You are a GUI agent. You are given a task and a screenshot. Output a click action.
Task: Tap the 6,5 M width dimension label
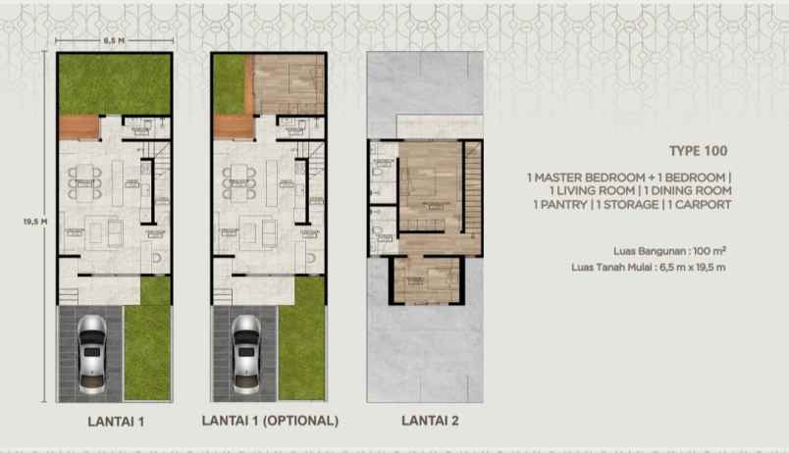(x=113, y=40)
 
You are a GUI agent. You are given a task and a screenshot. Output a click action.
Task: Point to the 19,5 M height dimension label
(x=34, y=222)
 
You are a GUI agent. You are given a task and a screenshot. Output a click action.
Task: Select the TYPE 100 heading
(x=699, y=151)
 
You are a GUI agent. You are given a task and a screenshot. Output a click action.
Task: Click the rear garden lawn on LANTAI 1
(x=114, y=83)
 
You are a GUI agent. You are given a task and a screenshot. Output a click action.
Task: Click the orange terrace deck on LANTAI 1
(x=79, y=127)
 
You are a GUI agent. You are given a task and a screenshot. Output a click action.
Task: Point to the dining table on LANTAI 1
(x=83, y=181)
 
